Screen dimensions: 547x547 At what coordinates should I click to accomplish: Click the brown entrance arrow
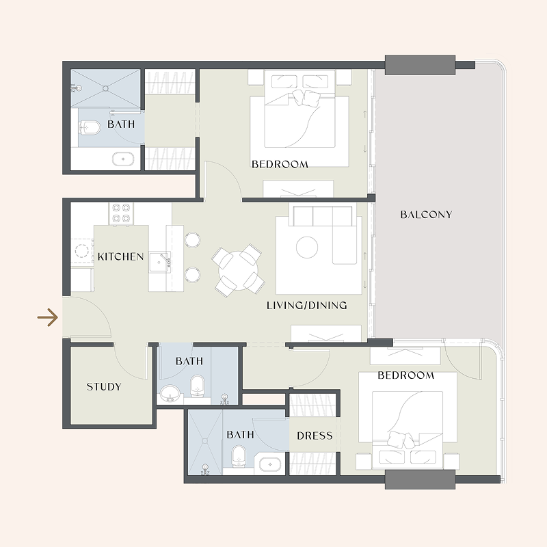click(x=47, y=318)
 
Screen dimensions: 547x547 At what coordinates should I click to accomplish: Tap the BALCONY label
click(x=426, y=215)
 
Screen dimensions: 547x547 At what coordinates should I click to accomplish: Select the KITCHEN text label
click(x=120, y=257)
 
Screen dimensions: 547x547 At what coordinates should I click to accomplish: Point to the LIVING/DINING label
click(x=306, y=306)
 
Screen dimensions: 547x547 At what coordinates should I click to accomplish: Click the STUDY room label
click(x=103, y=387)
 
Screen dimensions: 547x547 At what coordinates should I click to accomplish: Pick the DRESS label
click(x=315, y=436)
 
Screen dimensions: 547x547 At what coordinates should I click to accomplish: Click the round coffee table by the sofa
click(x=307, y=247)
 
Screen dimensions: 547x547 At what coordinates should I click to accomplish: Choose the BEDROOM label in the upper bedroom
click(x=280, y=164)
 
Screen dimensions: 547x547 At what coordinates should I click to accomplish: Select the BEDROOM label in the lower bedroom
click(x=405, y=375)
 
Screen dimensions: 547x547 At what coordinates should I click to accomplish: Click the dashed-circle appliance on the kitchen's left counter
click(x=83, y=250)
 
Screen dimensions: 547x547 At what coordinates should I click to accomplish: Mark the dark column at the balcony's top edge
click(x=420, y=65)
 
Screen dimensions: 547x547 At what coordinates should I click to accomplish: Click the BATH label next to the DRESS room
click(x=240, y=435)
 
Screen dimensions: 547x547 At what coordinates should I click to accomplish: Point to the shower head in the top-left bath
click(x=75, y=88)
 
